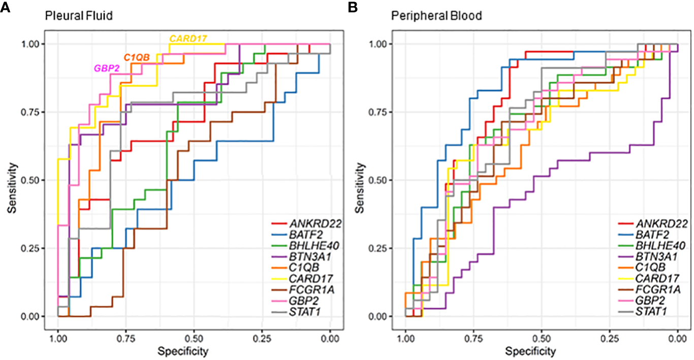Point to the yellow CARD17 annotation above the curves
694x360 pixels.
tap(188, 39)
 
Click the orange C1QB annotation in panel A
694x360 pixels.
tap(137, 57)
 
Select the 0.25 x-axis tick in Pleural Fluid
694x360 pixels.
tap(262, 336)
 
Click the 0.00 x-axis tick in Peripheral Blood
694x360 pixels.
tap(678, 336)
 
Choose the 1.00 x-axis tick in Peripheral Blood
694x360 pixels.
tap(405, 336)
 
